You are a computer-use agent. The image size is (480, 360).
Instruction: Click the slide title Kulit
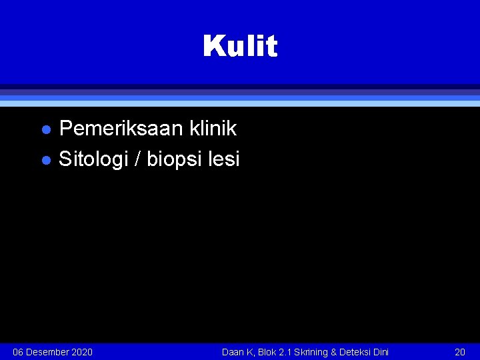pyautogui.click(x=240, y=46)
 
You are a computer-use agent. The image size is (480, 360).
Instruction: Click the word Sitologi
pyautogui.click(x=94, y=159)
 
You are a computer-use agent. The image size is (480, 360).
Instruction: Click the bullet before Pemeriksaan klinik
pyautogui.click(x=45, y=129)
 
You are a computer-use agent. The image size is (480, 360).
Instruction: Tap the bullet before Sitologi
pyautogui.click(x=45, y=161)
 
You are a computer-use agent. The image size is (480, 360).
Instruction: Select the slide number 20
pyautogui.click(x=459, y=352)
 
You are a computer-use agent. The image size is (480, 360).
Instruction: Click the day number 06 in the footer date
pyautogui.click(x=19, y=352)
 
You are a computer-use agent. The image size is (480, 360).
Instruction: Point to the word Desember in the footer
pyautogui.click(x=47, y=352)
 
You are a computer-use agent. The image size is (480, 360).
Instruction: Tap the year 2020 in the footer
pyautogui.click(x=81, y=352)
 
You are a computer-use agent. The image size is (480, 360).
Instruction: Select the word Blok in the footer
pyautogui.click(x=265, y=352)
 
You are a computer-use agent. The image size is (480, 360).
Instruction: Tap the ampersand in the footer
pyautogui.click(x=334, y=352)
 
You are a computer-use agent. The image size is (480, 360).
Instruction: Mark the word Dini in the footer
pyautogui.click(x=381, y=352)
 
